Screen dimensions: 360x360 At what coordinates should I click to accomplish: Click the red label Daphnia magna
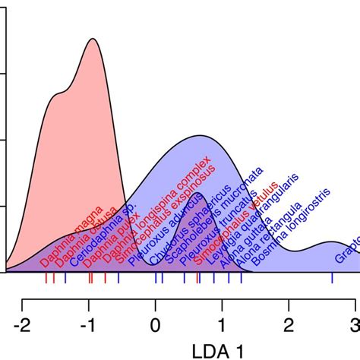point(62,242)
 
